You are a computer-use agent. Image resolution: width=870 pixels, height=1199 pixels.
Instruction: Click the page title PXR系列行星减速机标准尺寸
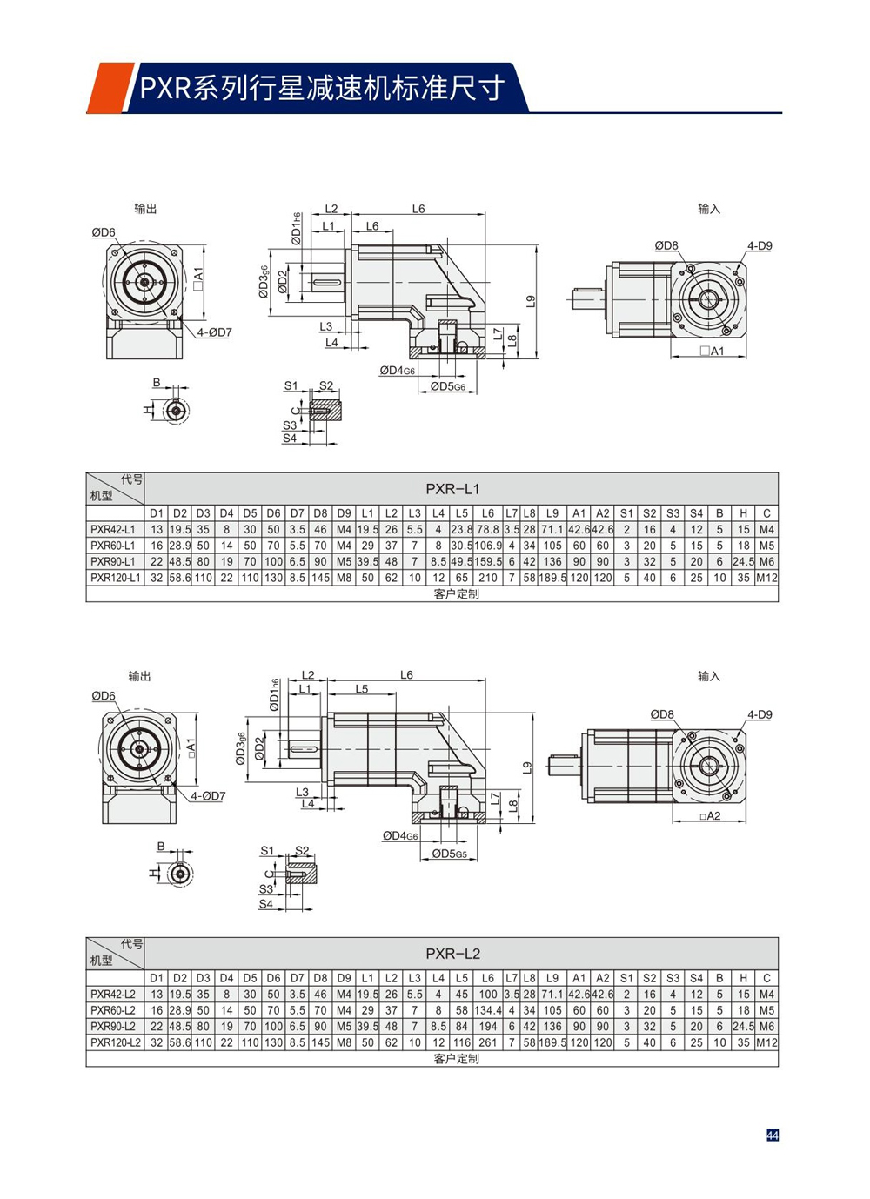click(322, 88)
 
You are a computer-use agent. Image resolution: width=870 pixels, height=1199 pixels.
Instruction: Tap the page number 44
click(772, 1135)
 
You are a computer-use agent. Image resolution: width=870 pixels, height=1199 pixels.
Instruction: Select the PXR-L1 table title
click(452, 489)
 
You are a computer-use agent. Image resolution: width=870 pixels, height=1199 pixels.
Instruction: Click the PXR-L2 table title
click(452, 954)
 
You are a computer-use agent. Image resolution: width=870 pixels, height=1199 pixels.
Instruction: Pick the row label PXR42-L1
click(113, 529)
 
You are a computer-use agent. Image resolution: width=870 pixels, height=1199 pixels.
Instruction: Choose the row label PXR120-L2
click(115, 1042)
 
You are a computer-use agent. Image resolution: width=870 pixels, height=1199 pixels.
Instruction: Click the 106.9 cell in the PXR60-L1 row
click(487, 546)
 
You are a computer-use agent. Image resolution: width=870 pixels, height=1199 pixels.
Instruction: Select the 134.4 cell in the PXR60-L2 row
click(487, 1010)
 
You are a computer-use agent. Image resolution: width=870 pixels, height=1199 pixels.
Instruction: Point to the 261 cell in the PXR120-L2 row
click(487, 1042)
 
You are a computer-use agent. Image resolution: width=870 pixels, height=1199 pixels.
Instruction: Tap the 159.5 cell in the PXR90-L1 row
click(487, 562)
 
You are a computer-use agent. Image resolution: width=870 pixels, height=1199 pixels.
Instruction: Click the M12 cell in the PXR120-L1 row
click(766, 578)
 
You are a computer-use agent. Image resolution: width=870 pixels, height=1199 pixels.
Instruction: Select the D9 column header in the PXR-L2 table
click(344, 978)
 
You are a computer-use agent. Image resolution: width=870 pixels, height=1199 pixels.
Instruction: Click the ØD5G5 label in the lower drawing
click(450, 854)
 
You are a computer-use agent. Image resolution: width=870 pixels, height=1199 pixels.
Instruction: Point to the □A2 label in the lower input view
click(711, 816)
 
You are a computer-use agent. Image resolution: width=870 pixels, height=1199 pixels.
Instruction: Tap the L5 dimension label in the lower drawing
click(361, 689)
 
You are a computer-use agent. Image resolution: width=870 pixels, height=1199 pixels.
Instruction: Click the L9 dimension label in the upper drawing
click(531, 301)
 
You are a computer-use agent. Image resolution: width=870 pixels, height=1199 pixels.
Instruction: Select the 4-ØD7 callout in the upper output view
click(214, 332)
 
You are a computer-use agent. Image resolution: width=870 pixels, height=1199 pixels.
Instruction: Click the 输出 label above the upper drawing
click(145, 209)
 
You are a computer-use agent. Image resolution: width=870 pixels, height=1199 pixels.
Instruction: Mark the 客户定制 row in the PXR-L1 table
click(456, 593)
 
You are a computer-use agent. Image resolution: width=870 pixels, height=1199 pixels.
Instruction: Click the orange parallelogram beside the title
click(109, 88)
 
